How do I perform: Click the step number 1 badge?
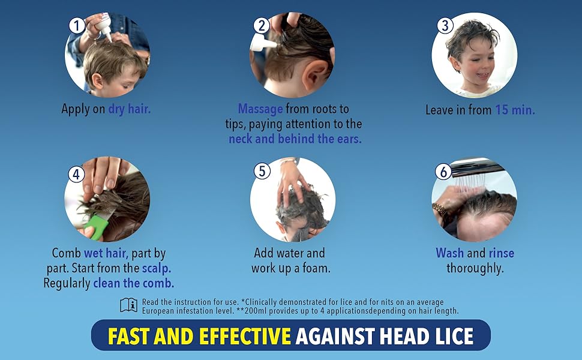click(x=77, y=26)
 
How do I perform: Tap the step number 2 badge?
click(x=262, y=25)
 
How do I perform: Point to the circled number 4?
click(x=76, y=173)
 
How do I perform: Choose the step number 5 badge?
click(x=262, y=171)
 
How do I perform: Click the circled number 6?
click(x=443, y=172)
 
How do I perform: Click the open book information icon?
click(x=129, y=305)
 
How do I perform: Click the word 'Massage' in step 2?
click(x=260, y=109)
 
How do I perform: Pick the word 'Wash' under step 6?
click(x=450, y=253)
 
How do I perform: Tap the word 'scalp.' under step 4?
click(x=157, y=268)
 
